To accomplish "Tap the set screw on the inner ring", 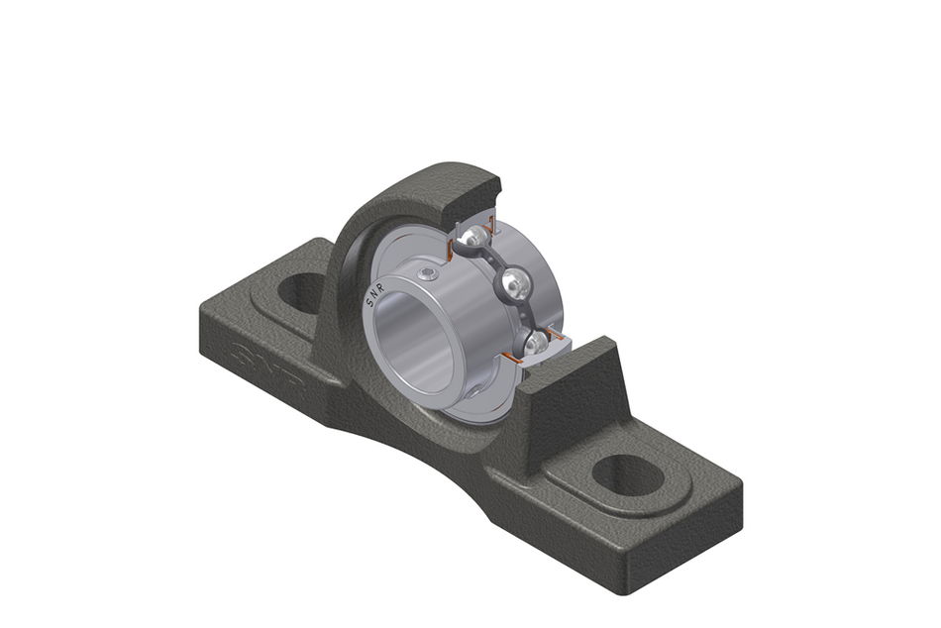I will point(427,274).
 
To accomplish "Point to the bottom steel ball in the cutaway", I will point(535,343).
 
